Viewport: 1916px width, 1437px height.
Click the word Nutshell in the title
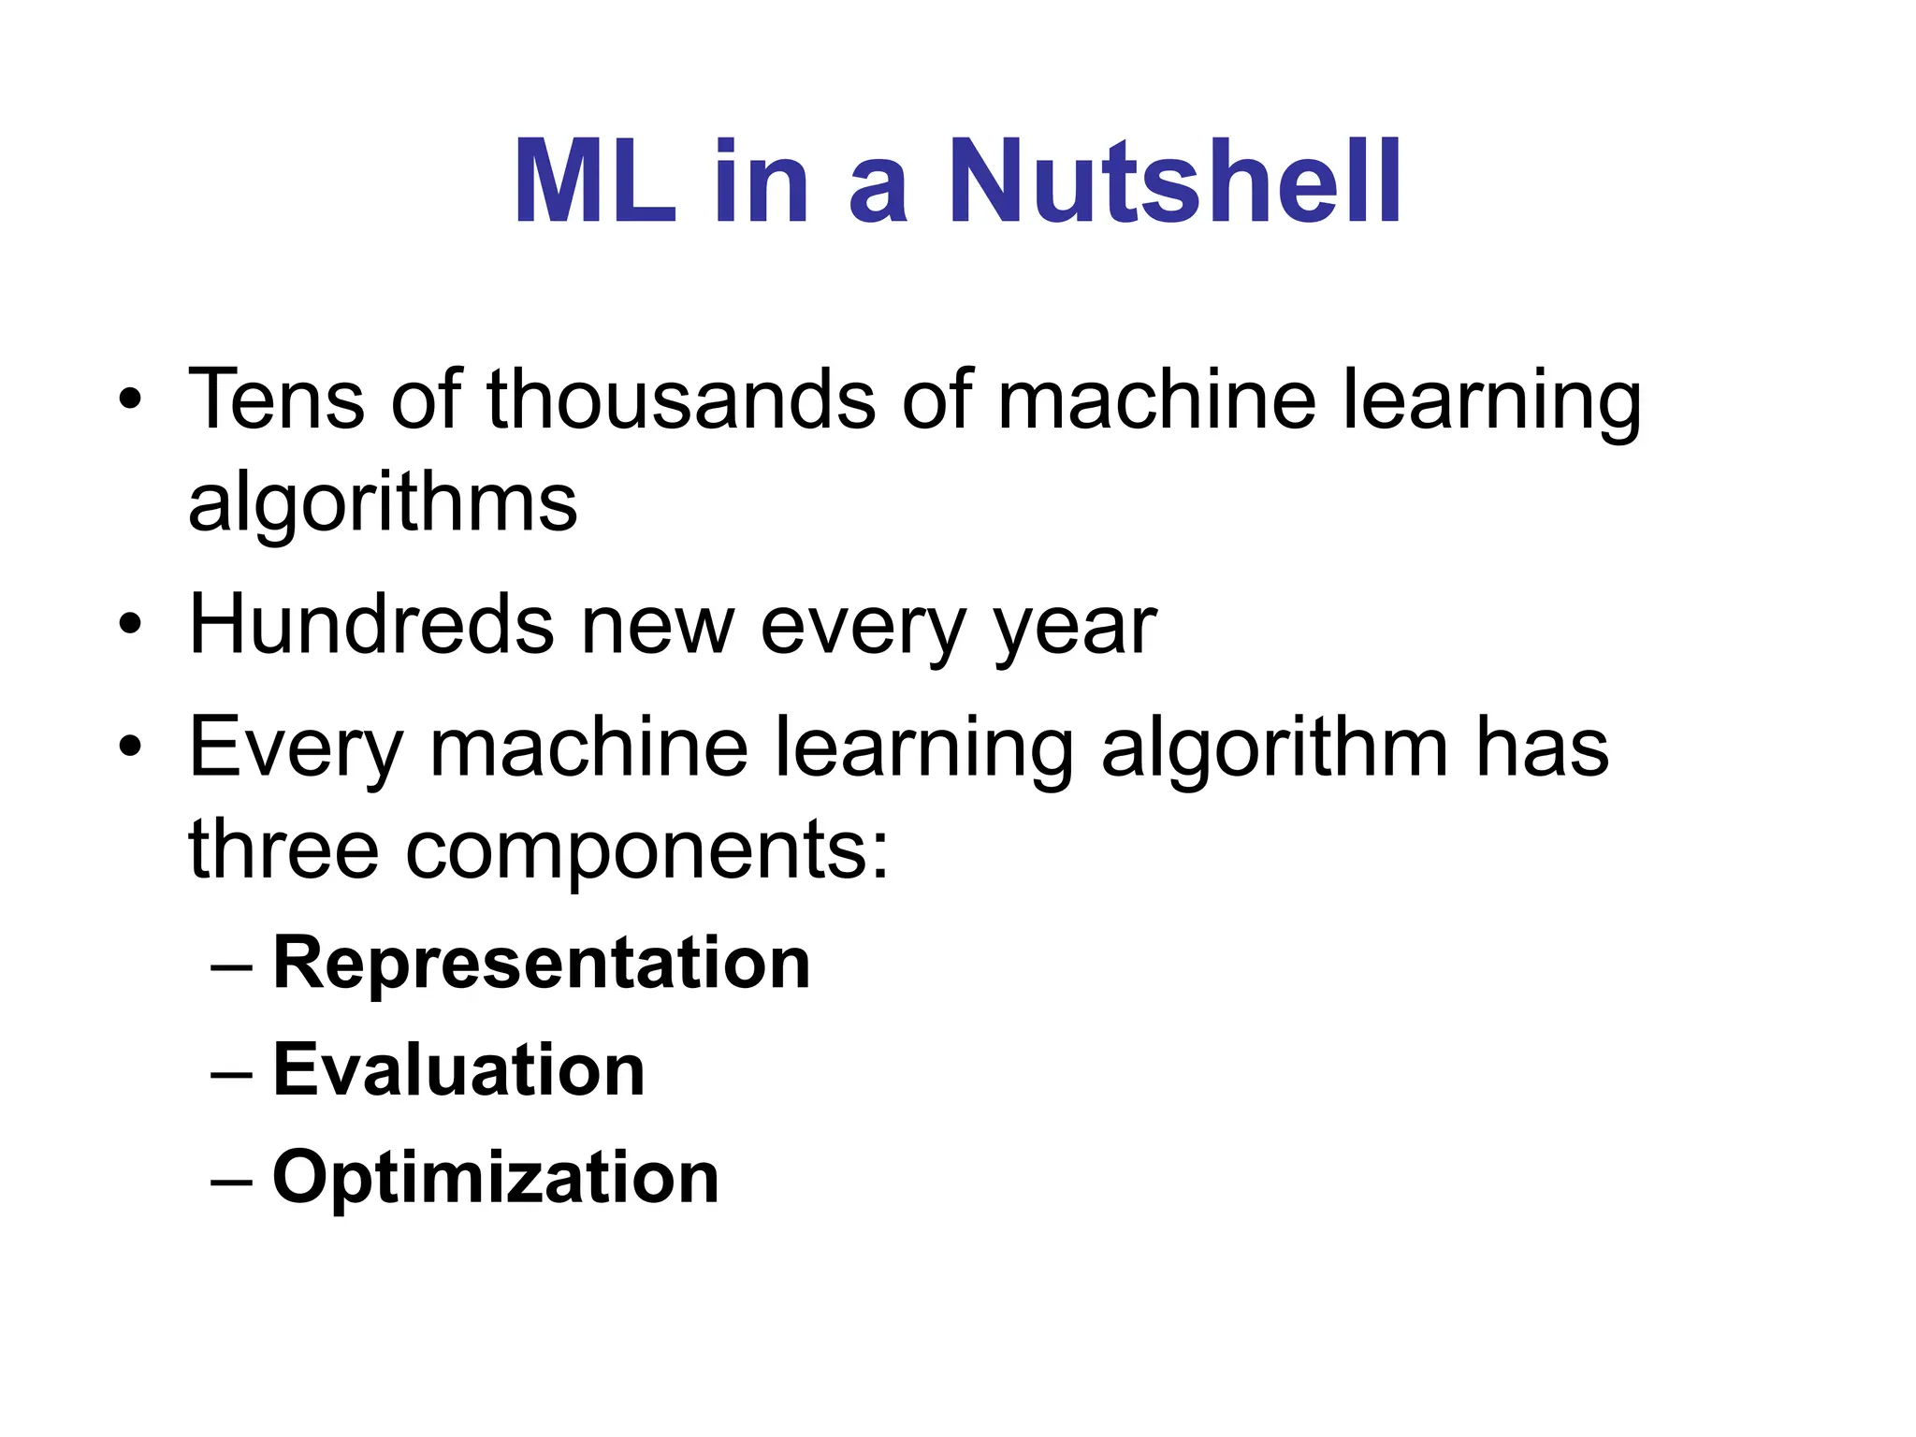click(1175, 181)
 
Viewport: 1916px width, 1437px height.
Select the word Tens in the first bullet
click(276, 399)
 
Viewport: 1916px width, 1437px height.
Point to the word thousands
click(681, 399)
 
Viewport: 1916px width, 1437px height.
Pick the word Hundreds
click(371, 624)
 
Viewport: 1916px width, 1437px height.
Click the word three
click(283, 849)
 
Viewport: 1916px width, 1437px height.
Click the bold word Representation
click(541, 964)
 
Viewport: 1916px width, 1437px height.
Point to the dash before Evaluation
click(231, 1072)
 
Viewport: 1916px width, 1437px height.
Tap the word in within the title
click(761, 181)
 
